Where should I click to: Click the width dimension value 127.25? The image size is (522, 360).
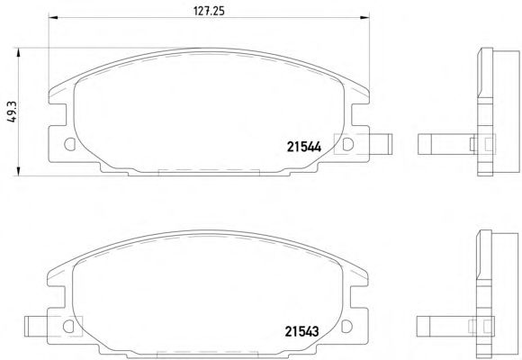[x=209, y=11]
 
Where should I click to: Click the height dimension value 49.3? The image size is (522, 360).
[x=12, y=112]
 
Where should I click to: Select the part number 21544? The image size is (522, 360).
[x=304, y=147]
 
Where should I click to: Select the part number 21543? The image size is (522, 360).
[x=301, y=331]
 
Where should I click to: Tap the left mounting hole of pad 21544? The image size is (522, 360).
[x=69, y=144]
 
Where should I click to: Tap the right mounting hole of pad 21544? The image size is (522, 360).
[x=348, y=144]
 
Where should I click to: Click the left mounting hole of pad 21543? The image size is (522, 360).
[x=68, y=327]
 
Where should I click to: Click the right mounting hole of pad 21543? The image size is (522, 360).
[x=346, y=327]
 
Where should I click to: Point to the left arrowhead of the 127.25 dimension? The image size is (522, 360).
[x=53, y=17]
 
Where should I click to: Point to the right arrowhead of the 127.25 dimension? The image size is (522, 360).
[x=364, y=17]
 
